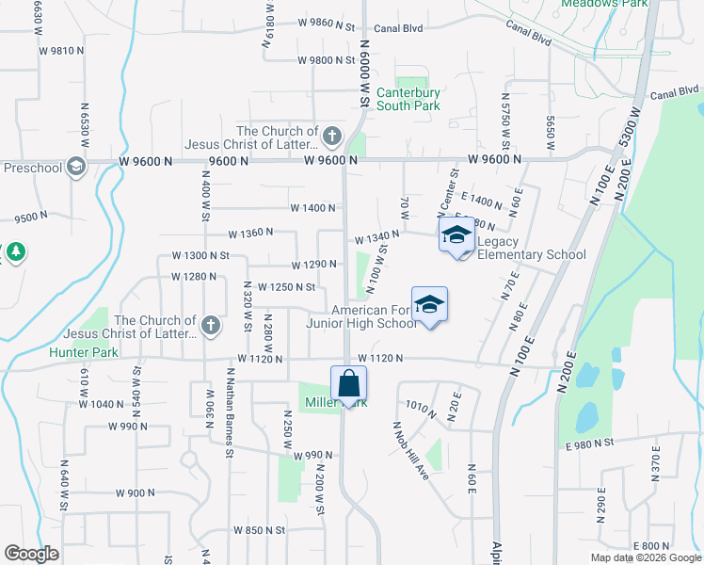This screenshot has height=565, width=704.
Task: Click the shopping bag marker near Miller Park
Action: click(x=348, y=384)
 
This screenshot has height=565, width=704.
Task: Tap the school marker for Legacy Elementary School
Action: click(x=456, y=235)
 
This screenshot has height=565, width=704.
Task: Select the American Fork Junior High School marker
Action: click(x=429, y=305)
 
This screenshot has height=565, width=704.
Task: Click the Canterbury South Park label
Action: click(x=408, y=99)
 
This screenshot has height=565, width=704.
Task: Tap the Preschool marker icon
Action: click(x=75, y=168)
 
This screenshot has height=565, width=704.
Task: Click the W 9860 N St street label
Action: click(x=326, y=22)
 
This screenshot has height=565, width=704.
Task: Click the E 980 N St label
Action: click(x=590, y=443)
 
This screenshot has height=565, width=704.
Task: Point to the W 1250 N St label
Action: click(x=280, y=287)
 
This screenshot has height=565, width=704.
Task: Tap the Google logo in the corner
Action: click(x=32, y=554)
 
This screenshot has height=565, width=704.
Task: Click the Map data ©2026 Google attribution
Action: click(x=646, y=557)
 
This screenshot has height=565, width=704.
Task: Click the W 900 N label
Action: click(x=136, y=493)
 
